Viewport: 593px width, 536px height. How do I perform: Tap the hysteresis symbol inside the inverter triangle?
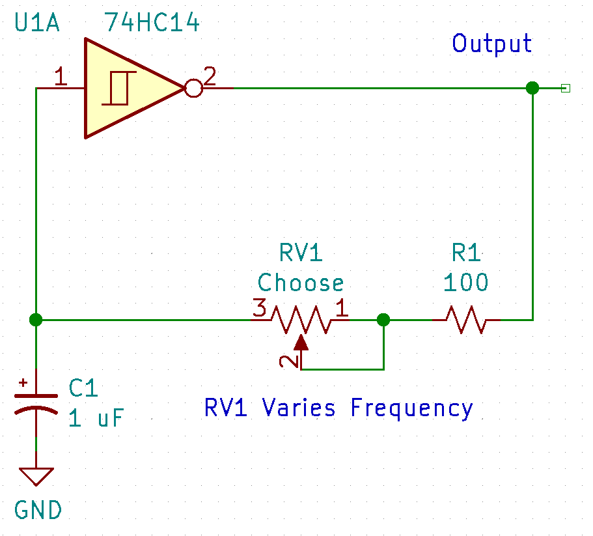pyautogui.click(x=119, y=88)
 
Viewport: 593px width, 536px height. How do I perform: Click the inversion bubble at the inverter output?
pyautogui.click(x=193, y=88)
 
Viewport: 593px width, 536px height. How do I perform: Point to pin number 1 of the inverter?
pyautogui.click(x=61, y=78)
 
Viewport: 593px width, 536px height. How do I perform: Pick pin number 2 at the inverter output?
pyautogui.click(x=210, y=77)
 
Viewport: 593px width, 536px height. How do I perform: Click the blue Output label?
pyautogui.click(x=491, y=44)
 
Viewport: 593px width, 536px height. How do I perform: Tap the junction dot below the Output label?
pyautogui.click(x=532, y=88)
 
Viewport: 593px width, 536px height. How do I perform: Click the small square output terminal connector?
pyautogui.click(x=565, y=88)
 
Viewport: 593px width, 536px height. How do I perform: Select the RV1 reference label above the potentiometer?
pyautogui.click(x=301, y=251)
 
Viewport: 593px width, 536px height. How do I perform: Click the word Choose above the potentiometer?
pyautogui.click(x=301, y=283)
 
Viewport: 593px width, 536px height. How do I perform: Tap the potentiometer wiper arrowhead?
pyautogui.click(x=301, y=343)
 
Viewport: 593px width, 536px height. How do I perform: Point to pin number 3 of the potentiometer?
pyautogui.click(x=259, y=309)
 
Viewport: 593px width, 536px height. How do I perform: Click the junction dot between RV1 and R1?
pyautogui.click(x=383, y=320)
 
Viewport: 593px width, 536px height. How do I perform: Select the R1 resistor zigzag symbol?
pyautogui.click(x=466, y=320)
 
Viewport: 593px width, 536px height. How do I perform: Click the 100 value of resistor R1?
pyautogui.click(x=465, y=283)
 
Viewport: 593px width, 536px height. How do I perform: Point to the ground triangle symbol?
pyautogui.click(x=36, y=476)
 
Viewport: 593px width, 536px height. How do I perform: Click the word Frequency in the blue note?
pyautogui.click(x=411, y=408)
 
